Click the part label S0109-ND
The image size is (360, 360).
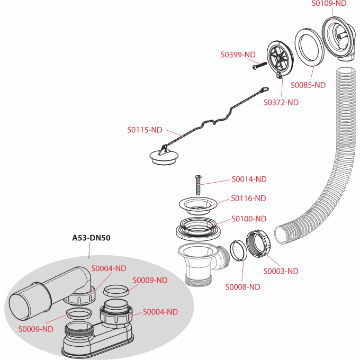click(329, 3)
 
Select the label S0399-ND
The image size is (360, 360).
click(238, 55)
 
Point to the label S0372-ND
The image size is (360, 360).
click(281, 102)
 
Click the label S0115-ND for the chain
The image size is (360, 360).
click(145, 129)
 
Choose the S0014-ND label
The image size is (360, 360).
click(249, 179)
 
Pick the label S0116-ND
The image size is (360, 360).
click(249, 198)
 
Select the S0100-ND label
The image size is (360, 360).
click(249, 218)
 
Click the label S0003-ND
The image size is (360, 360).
click(281, 271)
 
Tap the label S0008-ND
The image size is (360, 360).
click(242, 287)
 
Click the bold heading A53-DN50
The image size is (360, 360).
click(91, 238)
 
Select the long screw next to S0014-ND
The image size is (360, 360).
click(198, 185)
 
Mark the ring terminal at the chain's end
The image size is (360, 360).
click(263, 91)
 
